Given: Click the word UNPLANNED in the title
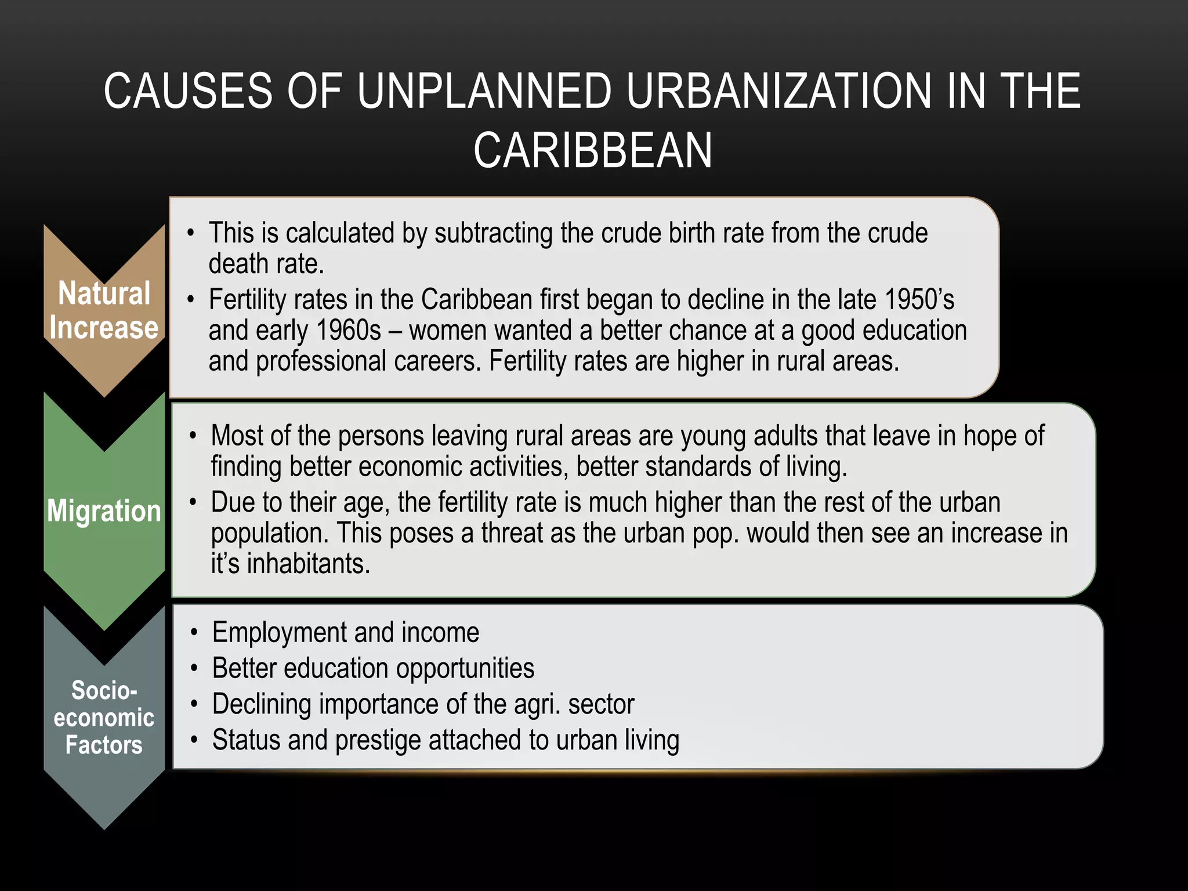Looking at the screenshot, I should click(x=484, y=91).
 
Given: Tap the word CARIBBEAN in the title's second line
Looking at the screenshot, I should click(x=593, y=151).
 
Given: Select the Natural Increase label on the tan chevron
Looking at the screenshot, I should click(x=104, y=310).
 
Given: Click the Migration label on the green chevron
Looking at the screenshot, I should click(x=104, y=511).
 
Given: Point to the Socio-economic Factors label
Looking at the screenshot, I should click(x=104, y=718).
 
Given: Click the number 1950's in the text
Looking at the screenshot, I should click(x=919, y=300).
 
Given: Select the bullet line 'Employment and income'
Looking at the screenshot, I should click(x=346, y=632).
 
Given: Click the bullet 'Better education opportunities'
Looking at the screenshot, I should click(x=373, y=668).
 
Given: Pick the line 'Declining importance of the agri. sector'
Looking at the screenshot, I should click(x=423, y=704).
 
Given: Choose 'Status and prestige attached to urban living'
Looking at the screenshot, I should click(x=445, y=740).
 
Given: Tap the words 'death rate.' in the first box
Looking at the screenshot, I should click(x=266, y=264).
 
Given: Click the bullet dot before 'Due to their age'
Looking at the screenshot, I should click(x=194, y=502).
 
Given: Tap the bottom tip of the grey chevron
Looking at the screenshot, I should click(x=104, y=827).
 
